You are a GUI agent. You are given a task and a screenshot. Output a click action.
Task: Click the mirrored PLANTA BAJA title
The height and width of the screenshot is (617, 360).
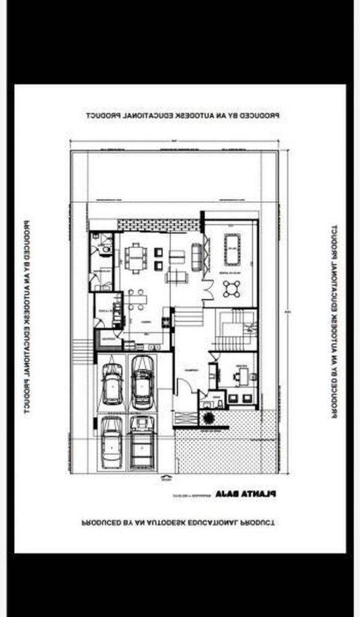246,493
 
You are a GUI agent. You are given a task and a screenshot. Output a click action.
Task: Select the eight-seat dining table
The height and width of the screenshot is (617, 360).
133,257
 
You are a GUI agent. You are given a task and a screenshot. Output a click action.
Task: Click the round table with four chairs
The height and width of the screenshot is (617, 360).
233,288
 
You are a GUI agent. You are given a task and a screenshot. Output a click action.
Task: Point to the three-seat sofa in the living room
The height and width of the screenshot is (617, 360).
196,255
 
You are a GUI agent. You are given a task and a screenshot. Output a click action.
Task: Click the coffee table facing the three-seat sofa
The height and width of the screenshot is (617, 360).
176,255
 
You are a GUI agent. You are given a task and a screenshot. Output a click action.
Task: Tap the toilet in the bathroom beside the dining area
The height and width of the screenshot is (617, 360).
104,249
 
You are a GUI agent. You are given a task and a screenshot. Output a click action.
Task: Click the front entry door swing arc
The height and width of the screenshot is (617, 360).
183,387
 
